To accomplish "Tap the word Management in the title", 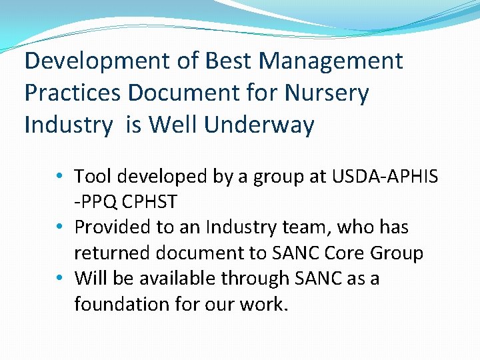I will [331, 61].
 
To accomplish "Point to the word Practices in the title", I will [73, 93].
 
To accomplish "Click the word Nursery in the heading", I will [326, 93].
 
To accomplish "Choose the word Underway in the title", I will [263, 125].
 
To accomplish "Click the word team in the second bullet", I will [305, 227].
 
